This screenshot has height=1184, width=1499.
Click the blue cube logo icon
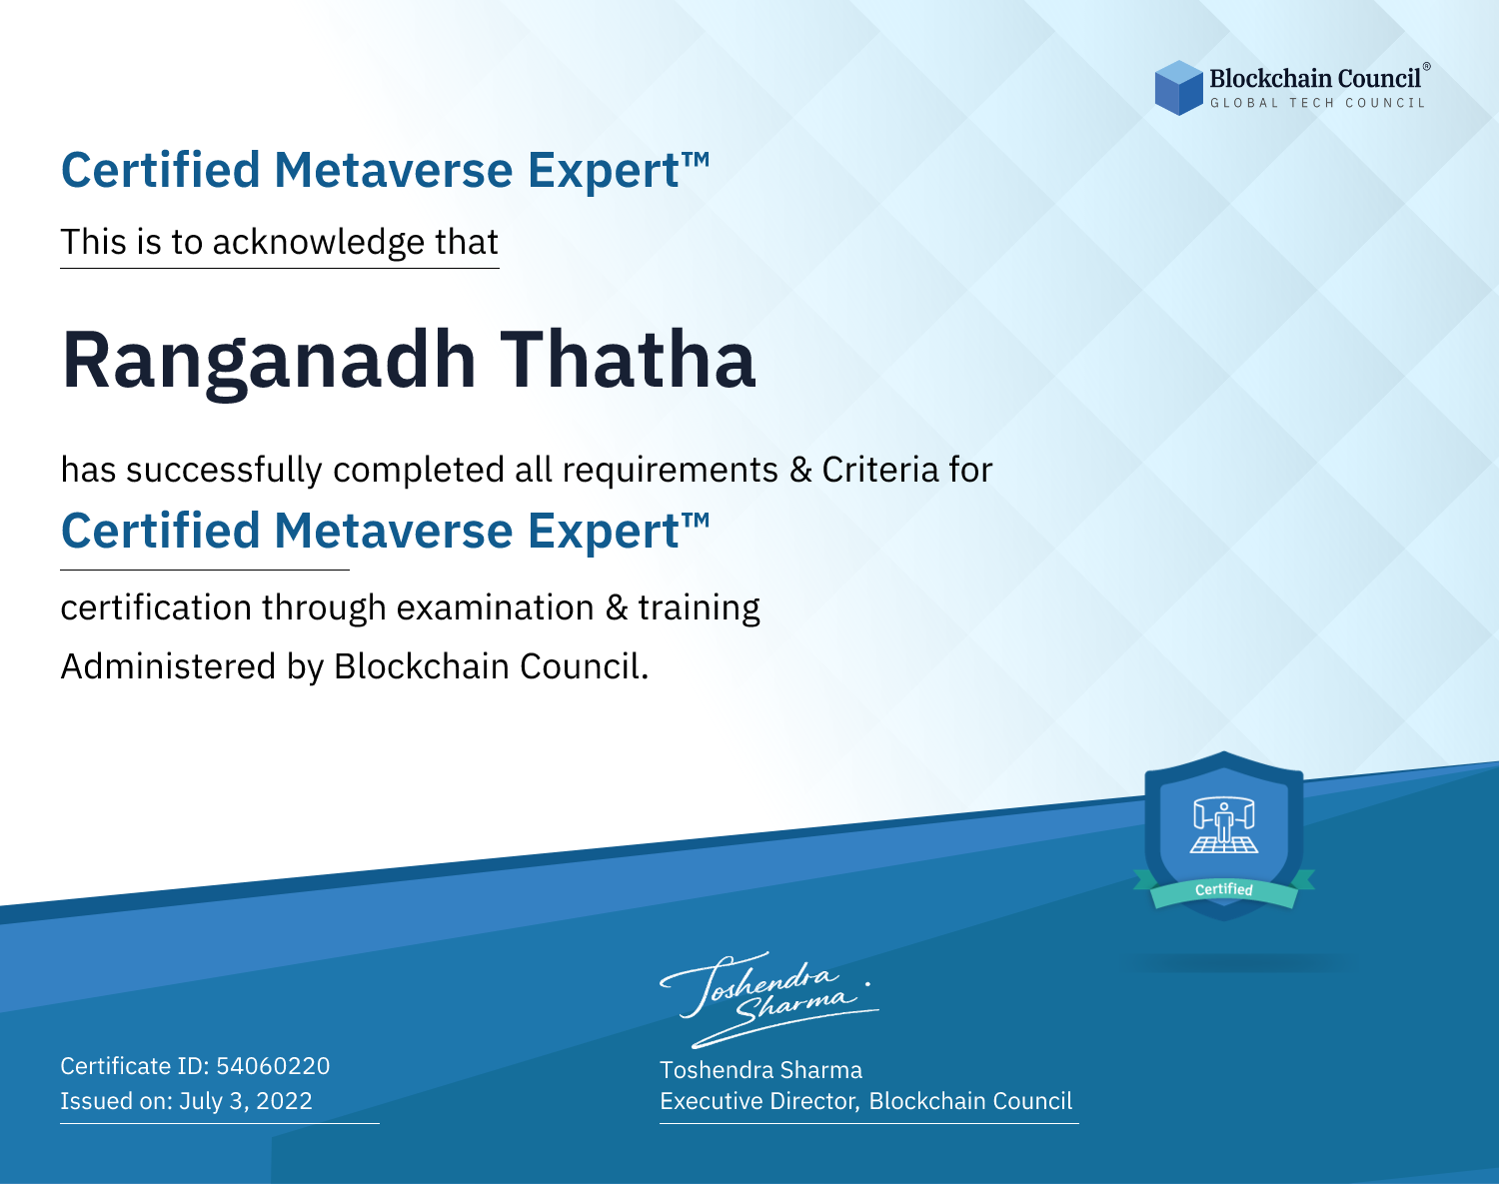[x=1178, y=88]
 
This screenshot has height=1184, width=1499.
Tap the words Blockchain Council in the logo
[x=1315, y=79]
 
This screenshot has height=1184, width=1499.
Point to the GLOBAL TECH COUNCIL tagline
[x=1318, y=103]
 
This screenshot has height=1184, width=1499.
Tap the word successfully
[x=224, y=471]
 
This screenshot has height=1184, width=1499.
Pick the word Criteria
[x=879, y=470]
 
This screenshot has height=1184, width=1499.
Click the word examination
[x=495, y=607]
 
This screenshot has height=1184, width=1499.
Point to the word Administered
[x=168, y=666]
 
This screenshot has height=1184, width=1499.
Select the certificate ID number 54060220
[x=273, y=1066]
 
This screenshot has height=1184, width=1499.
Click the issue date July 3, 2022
[x=246, y=1101]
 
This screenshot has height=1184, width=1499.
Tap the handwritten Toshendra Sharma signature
[x=769, y=999]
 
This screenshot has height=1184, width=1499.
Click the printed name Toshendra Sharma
[x=760, y=1070]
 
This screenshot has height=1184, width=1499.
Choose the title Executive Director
[x=758, y=1101]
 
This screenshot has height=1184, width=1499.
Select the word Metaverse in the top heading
[x=394, y=171]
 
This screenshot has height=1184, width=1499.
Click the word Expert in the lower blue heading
[x=604, y=533]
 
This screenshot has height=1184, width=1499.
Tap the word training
[x=699, y=608]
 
